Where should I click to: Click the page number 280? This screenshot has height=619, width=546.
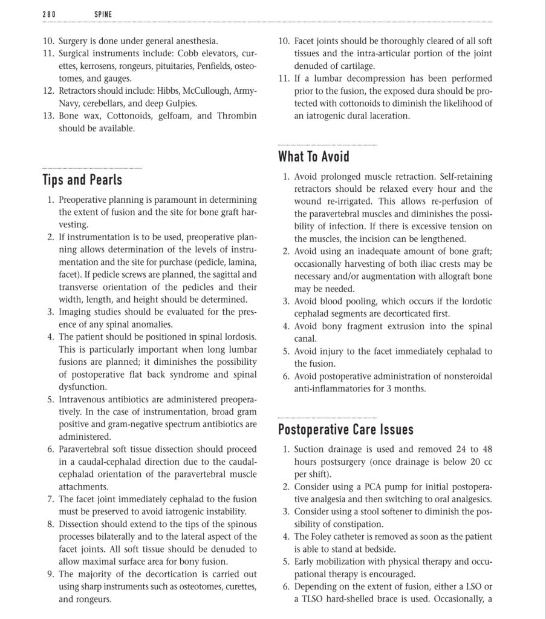click(49, 13)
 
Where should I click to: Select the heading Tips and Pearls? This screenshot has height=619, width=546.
click(82, 180)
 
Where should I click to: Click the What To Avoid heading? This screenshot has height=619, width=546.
click(313, 157)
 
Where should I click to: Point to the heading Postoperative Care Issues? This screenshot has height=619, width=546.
click(345, 430)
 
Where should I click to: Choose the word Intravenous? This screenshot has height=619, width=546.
click(82, 399)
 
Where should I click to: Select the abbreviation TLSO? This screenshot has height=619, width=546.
click(314, 599)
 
